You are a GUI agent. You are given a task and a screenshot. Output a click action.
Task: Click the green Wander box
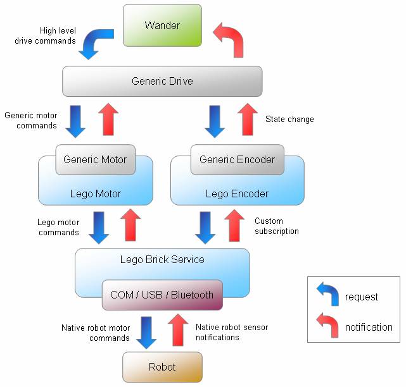point(162,25)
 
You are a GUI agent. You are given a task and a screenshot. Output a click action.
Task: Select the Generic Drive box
point(162,81)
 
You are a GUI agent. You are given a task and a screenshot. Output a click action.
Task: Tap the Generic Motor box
point(95,159)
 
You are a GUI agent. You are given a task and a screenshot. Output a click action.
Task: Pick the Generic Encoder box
point(237,159)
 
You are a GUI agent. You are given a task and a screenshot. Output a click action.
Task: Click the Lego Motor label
point(95,193)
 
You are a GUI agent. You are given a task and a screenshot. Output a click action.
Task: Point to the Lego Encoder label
point(237,193)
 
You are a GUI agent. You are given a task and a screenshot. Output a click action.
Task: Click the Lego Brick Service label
point(162,259)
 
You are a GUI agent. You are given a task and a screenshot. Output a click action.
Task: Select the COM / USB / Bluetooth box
point(162,295)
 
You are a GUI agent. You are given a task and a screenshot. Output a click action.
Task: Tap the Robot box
point(162,367)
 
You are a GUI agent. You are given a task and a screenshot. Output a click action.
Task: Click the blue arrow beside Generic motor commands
point(75,121)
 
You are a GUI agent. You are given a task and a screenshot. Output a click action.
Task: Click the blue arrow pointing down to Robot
point(146,332)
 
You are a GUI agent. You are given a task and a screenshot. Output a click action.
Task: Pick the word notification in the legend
point(369,327)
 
